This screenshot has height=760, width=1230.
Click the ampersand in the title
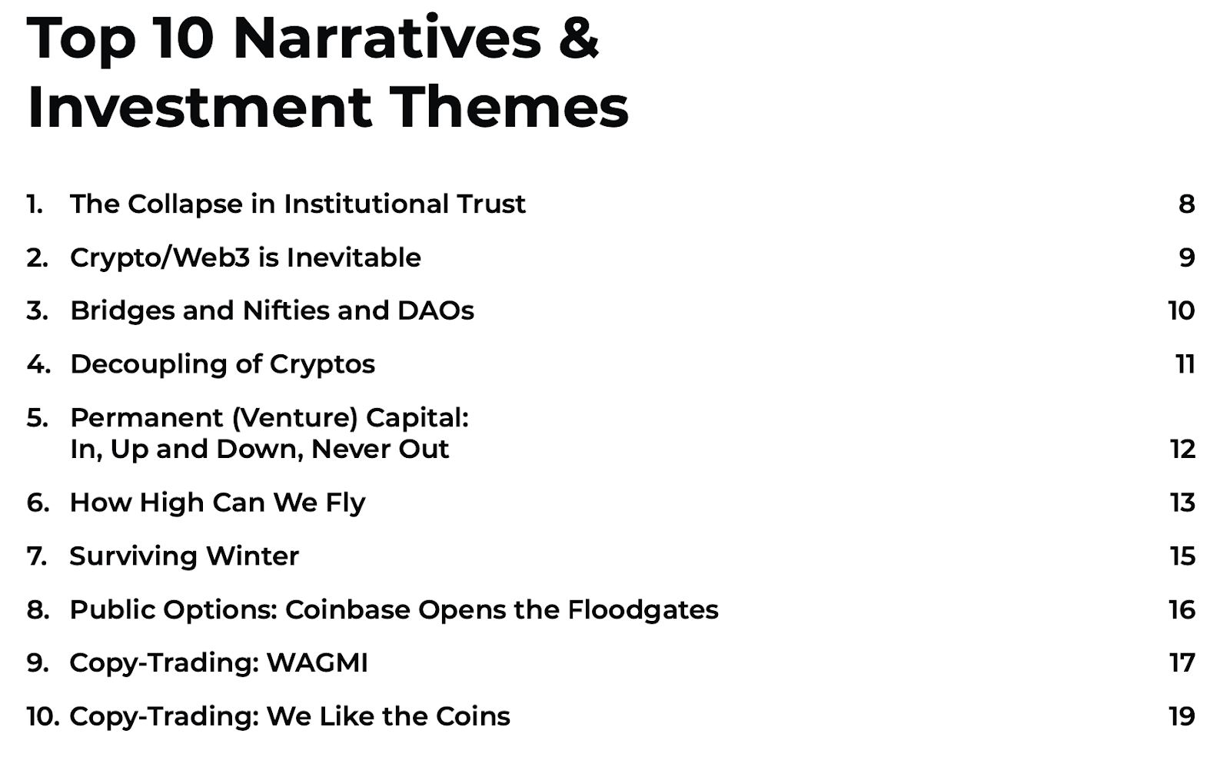tap(578, 38)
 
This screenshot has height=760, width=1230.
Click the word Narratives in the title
tap(387, 38)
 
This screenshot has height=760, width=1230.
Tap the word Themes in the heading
tap(510, 107)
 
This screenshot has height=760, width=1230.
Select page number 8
tap(1187, 204)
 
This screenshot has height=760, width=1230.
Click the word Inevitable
tap(354, 257)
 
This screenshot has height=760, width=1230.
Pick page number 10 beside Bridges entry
tap(1182, 310)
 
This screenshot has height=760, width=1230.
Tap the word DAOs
tap(435, 310)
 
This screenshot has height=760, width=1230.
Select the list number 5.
tap(38, 417)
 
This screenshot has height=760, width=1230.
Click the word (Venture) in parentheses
tap(295, 418)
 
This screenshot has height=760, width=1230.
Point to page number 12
tap(1183, 450)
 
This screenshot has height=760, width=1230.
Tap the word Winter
tap(253, 556)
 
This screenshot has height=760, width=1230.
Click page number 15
tap(1183, 556)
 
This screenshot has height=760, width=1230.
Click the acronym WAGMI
tap(317, 663)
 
